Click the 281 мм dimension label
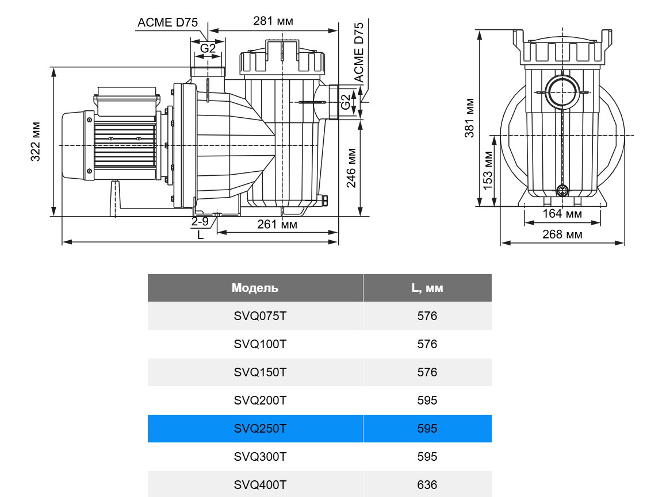(273, 21)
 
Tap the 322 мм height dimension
(36, 141)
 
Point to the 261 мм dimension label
(277, 224)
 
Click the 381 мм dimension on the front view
(469, 118)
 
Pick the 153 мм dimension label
(488, 171)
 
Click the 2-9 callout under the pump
(200, 221)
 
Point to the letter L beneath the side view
(200, 234)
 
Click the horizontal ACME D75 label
(167, 22)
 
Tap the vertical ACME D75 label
(359, 53)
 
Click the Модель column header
(255, 288)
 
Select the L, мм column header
(427, 288)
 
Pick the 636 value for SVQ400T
(427, 485)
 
